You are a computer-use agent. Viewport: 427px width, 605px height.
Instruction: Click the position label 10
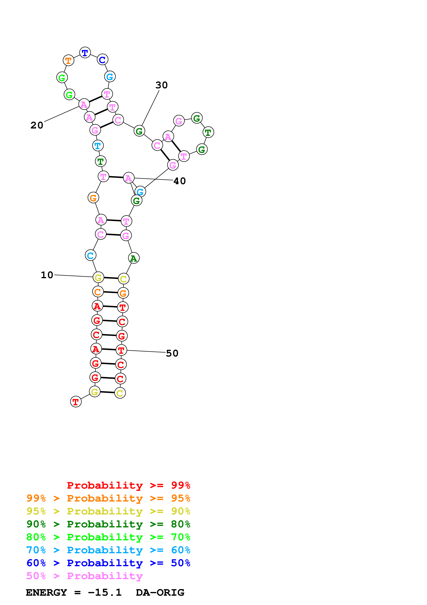47,275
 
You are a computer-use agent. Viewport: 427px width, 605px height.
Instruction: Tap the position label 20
37,125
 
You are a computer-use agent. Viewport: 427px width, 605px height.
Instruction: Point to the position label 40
180,181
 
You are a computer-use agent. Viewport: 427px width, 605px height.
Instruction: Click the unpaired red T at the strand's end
76,402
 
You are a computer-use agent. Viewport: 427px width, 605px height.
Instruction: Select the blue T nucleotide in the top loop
85,53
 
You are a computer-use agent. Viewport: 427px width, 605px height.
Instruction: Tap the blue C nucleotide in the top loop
102,60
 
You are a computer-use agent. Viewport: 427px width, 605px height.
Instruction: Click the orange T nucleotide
68,61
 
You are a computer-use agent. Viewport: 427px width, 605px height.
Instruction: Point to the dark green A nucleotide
134,258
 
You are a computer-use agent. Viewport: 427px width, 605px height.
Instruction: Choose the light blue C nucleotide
90,255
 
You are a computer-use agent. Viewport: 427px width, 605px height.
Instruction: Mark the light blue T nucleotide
98,146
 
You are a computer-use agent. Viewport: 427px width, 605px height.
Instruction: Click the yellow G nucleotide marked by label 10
98,277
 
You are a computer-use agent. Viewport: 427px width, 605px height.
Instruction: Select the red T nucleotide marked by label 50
121,350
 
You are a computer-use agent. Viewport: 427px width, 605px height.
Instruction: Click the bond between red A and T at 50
108,349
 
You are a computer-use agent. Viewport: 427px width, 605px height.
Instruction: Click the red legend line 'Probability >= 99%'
128,485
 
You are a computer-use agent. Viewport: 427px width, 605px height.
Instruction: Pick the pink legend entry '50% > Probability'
84,576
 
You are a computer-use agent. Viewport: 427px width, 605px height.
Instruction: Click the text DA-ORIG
160,593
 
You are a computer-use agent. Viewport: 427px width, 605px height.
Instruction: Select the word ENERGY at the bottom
46,593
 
